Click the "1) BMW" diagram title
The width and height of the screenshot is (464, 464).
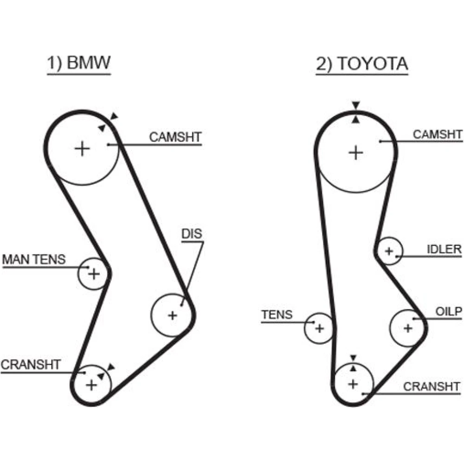point(79,64)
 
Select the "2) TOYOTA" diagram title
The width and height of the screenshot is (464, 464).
point(362,64)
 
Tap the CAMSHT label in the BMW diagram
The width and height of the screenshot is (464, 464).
point(175,137)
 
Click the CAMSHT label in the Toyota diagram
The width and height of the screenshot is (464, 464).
point(438,135)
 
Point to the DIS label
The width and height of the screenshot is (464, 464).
point(192,234)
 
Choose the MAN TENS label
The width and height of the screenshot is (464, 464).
point(34,259)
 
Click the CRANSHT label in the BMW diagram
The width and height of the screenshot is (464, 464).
point(31,364)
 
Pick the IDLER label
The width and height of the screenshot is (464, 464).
point(444,249)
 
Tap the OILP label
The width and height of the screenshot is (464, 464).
point(449,311)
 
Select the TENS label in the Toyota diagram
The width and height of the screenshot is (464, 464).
point(277,315)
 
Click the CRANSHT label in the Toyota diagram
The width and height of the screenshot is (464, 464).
point(432,386)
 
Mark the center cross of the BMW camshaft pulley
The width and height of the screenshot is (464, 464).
point(82,148)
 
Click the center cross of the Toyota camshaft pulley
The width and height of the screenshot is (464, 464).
point(356,152)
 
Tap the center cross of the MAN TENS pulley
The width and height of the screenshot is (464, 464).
point(94,274)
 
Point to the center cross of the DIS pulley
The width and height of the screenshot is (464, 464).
point(173,316)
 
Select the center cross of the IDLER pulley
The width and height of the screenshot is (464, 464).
point(389,251)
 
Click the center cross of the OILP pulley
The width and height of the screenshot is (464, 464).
point(408,329)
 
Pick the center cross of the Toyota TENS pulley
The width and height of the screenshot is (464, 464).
point(319,329)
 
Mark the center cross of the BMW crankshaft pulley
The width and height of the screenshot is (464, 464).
point(91,385)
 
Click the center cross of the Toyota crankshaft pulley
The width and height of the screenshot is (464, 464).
point(354,384)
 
